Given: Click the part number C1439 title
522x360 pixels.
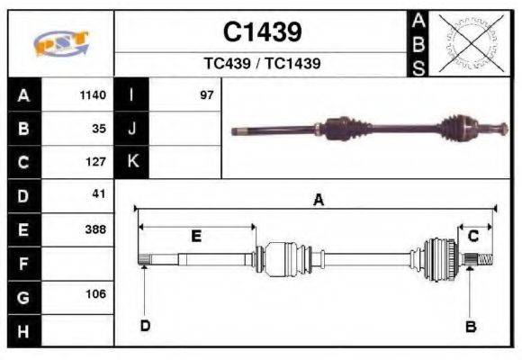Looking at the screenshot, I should click(x=262, y=32).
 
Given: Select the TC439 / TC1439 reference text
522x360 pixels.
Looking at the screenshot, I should click(x=262, y=64).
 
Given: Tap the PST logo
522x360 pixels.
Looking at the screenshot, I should click(x=60, y=43).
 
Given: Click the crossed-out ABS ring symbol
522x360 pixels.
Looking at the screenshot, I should click(x=467, y=43).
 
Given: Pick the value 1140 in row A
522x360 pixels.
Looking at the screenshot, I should click(x=94, y=95).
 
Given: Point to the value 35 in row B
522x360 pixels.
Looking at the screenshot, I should click(x=100, y=129).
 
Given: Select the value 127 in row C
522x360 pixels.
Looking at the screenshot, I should click(x=96, y=162).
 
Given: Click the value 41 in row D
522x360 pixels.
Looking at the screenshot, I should click(x=100, y=194).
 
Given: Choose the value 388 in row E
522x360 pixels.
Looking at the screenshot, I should click(x=96, y=229).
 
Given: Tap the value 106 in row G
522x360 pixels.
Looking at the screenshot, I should click(x=96, y=294).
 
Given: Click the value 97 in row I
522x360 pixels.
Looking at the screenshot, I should click(x=207, y=95).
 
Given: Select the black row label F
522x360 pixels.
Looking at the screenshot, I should click(x=23, y=263).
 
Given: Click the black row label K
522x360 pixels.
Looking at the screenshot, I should click(x=132, y=162).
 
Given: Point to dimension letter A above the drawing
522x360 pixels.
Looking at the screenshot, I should click(x=317, y=201).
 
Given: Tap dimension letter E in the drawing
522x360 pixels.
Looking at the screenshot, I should click(x=195, y=236).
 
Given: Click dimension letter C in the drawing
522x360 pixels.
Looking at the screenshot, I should click(x=472, y=236).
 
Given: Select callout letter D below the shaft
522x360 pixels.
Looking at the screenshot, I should click(x=144, y=326).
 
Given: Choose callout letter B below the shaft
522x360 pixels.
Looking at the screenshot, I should click(x=470, y=327).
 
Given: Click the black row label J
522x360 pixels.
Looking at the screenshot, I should click(x=132, y=129).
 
